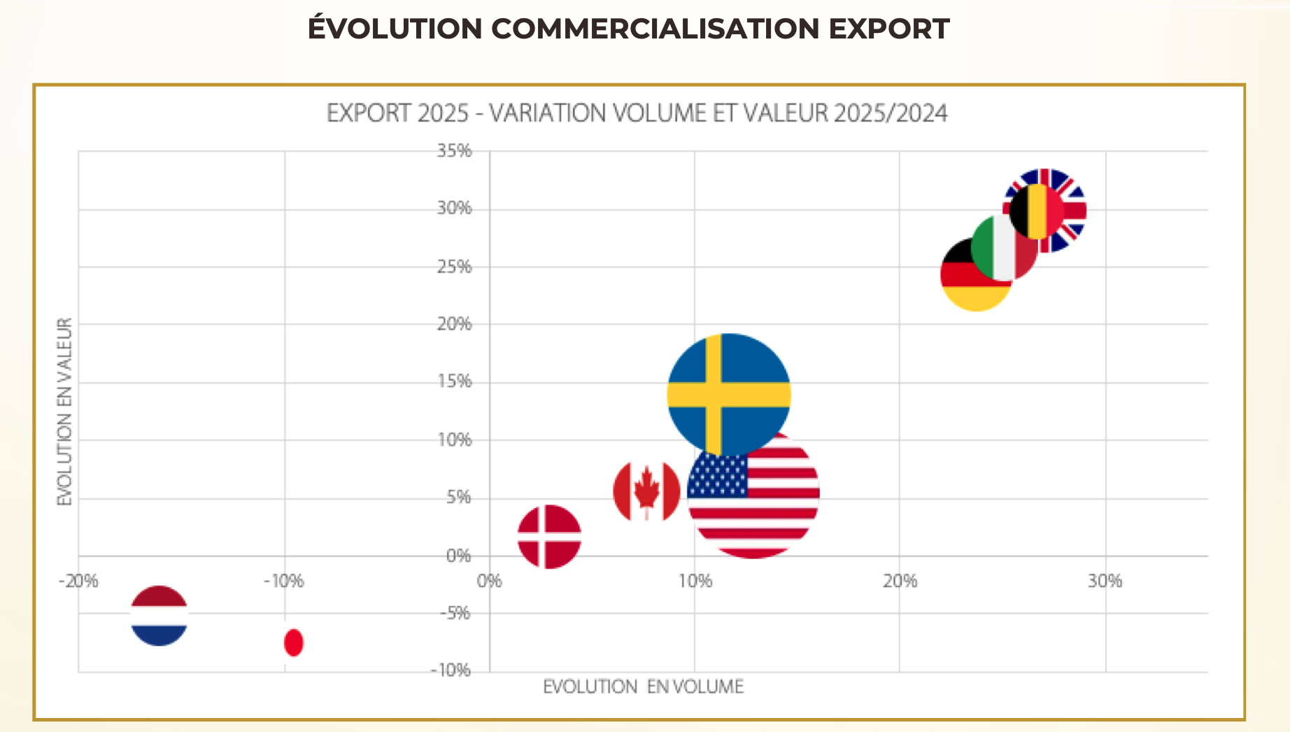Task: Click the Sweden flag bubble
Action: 729,395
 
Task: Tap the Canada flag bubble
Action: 646,492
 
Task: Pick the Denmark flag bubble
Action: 549,537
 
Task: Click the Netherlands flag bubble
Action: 160,616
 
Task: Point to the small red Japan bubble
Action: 294,642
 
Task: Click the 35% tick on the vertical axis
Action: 455,151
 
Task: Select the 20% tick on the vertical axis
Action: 455,324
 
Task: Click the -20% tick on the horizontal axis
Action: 78,581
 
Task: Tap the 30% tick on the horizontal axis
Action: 1105,581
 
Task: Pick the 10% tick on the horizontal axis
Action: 695,581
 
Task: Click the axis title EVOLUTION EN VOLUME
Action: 643,687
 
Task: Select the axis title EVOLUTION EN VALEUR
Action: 64,411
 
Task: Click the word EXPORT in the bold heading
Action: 889,29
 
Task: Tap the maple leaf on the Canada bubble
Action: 646,488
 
